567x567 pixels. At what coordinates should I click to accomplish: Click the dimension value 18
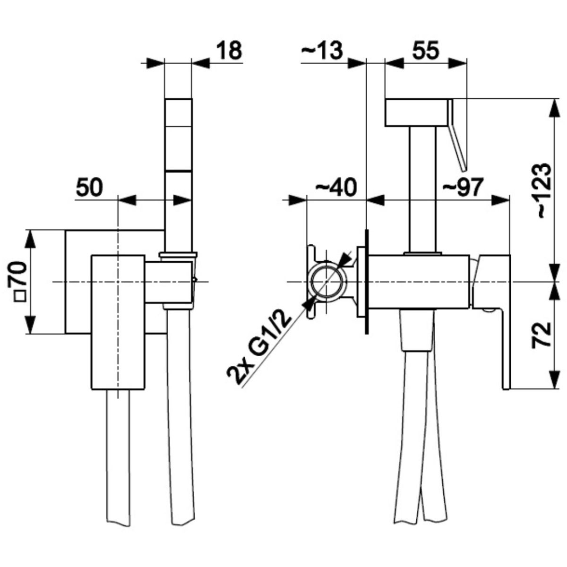(229, 51)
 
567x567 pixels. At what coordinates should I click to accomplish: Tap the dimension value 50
(89, 188)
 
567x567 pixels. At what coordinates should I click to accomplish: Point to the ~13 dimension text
(321, 50)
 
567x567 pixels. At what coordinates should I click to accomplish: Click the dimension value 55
(425, 50)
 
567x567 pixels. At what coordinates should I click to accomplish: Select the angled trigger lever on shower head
(457, 135)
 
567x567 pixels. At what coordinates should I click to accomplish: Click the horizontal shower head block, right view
(416, 112)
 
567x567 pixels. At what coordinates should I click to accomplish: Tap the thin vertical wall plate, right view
(366, 282)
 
